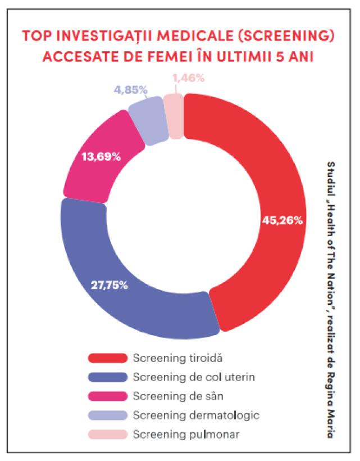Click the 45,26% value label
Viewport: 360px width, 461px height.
pos(282,220)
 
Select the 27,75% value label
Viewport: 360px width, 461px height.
pos(110,285)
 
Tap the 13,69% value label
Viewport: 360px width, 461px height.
pos(101,157)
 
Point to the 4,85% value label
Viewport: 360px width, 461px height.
pos(130,89)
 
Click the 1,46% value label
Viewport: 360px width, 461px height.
pos(188,78)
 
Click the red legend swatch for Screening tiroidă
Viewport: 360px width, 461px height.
pos(107,357)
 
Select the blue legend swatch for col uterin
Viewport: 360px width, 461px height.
pos(107,377)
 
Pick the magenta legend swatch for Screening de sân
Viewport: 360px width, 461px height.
pos(107,396)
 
